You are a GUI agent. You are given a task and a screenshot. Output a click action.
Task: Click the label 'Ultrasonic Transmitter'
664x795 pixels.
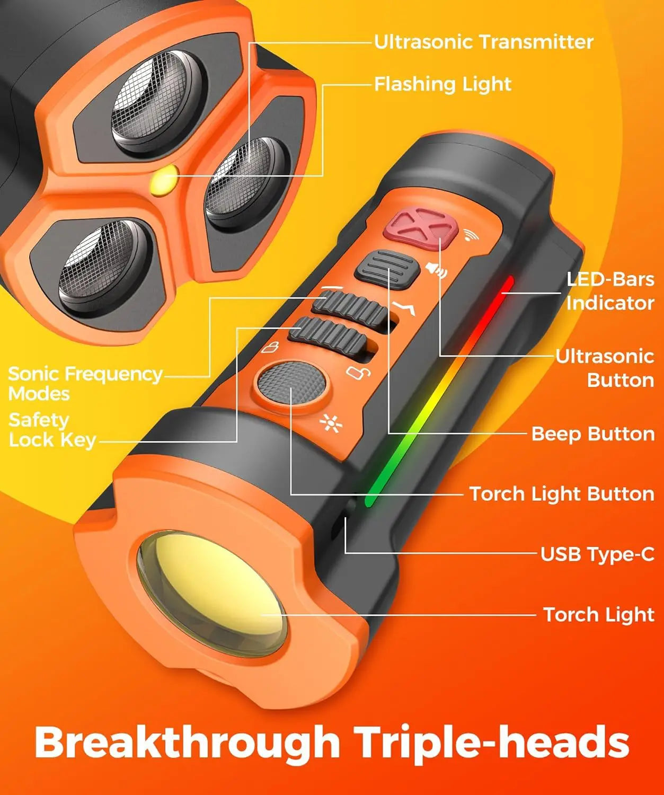pyautogui.click(x=483, y=42)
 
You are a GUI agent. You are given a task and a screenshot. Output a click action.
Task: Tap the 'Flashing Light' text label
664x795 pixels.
pyautogui.click(x=442, y=84)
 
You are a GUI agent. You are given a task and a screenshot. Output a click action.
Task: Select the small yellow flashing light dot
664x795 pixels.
pyautogui.click(x=164, y=181)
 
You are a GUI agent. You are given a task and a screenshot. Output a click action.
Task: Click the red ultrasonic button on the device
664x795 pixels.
pyautogui.click(x=420, y=228)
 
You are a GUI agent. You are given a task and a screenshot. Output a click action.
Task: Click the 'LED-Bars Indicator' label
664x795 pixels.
pyautogui.click(x=610, y=291)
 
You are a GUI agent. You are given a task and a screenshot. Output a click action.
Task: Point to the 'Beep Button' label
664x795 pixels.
pyautogui.click(x=592, y=434)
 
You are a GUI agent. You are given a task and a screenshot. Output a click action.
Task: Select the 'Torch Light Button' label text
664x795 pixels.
pyautogui.click(x=562, y=494)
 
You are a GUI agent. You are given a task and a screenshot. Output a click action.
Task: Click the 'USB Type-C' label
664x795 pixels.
pyautogui.click(x=597, y=554)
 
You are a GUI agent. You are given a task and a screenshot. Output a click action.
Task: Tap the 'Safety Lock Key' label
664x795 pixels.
pyautogui.click(x=52, y=430)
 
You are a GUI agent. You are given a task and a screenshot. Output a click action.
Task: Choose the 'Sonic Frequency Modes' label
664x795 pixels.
pyautogui.click(x=85, y=383)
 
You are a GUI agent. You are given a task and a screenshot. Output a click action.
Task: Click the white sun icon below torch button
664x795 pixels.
pyautogui.click(x=331, y=423)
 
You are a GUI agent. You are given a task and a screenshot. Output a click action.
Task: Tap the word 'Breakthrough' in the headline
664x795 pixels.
pyautogui.click(x=187, y=742)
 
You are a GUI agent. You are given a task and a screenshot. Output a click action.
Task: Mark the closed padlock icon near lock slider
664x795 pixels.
pyautogui.click(x=271, y=348)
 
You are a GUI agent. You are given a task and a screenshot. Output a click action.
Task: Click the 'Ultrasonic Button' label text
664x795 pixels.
pyautogui.click(x=605, y=368)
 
